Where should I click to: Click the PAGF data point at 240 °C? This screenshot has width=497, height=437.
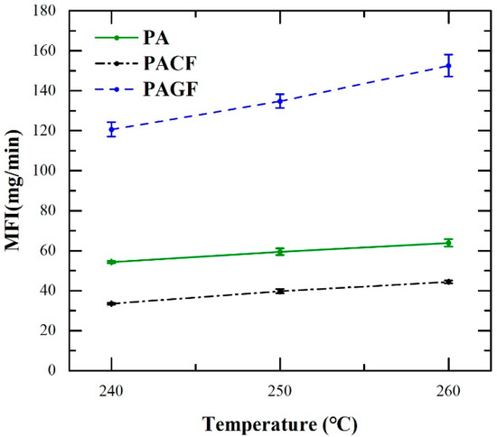(111, 129)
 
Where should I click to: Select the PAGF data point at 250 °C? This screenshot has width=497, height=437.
(280, 101)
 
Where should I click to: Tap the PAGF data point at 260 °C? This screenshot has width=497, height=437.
(448, 65)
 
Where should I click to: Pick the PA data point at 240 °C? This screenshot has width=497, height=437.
(111, 262)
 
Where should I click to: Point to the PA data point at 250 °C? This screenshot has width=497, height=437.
(280, 251)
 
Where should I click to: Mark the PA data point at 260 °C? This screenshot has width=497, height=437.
(448, 242)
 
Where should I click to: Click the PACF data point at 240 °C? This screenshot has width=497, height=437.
(111, 303)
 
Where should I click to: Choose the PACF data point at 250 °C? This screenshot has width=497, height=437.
(280, 291)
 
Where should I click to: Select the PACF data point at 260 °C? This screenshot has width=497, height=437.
(448, 282)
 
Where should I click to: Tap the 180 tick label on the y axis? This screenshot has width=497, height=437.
(44, 12)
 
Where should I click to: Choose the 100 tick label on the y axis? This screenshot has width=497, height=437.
(44, 171)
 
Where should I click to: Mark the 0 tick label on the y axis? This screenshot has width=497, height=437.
(52, 370)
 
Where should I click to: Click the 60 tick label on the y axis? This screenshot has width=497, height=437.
(48, 250)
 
